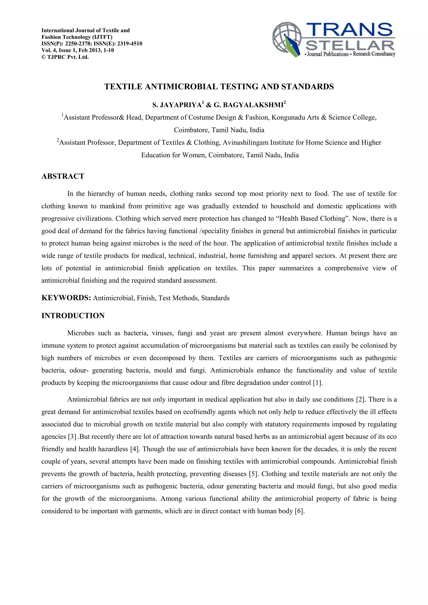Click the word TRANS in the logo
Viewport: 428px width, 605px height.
click(349, 29)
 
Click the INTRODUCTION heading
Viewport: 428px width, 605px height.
click(73, 316)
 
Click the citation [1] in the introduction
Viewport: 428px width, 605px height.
click(317, 383)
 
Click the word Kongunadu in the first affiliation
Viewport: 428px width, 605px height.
click(288, 117)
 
